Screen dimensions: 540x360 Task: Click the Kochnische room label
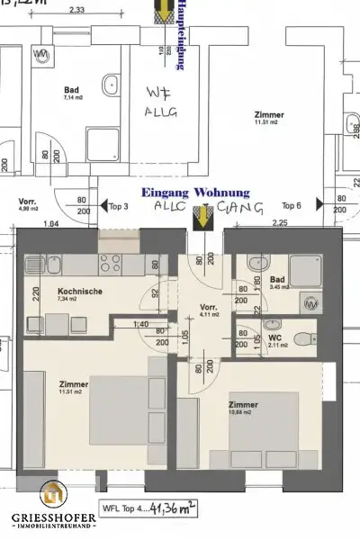point(79,293)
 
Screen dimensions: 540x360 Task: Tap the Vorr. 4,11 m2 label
point(210,310)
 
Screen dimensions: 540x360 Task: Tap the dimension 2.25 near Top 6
point(256,221)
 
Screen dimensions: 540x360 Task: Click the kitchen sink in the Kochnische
point(35,265)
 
